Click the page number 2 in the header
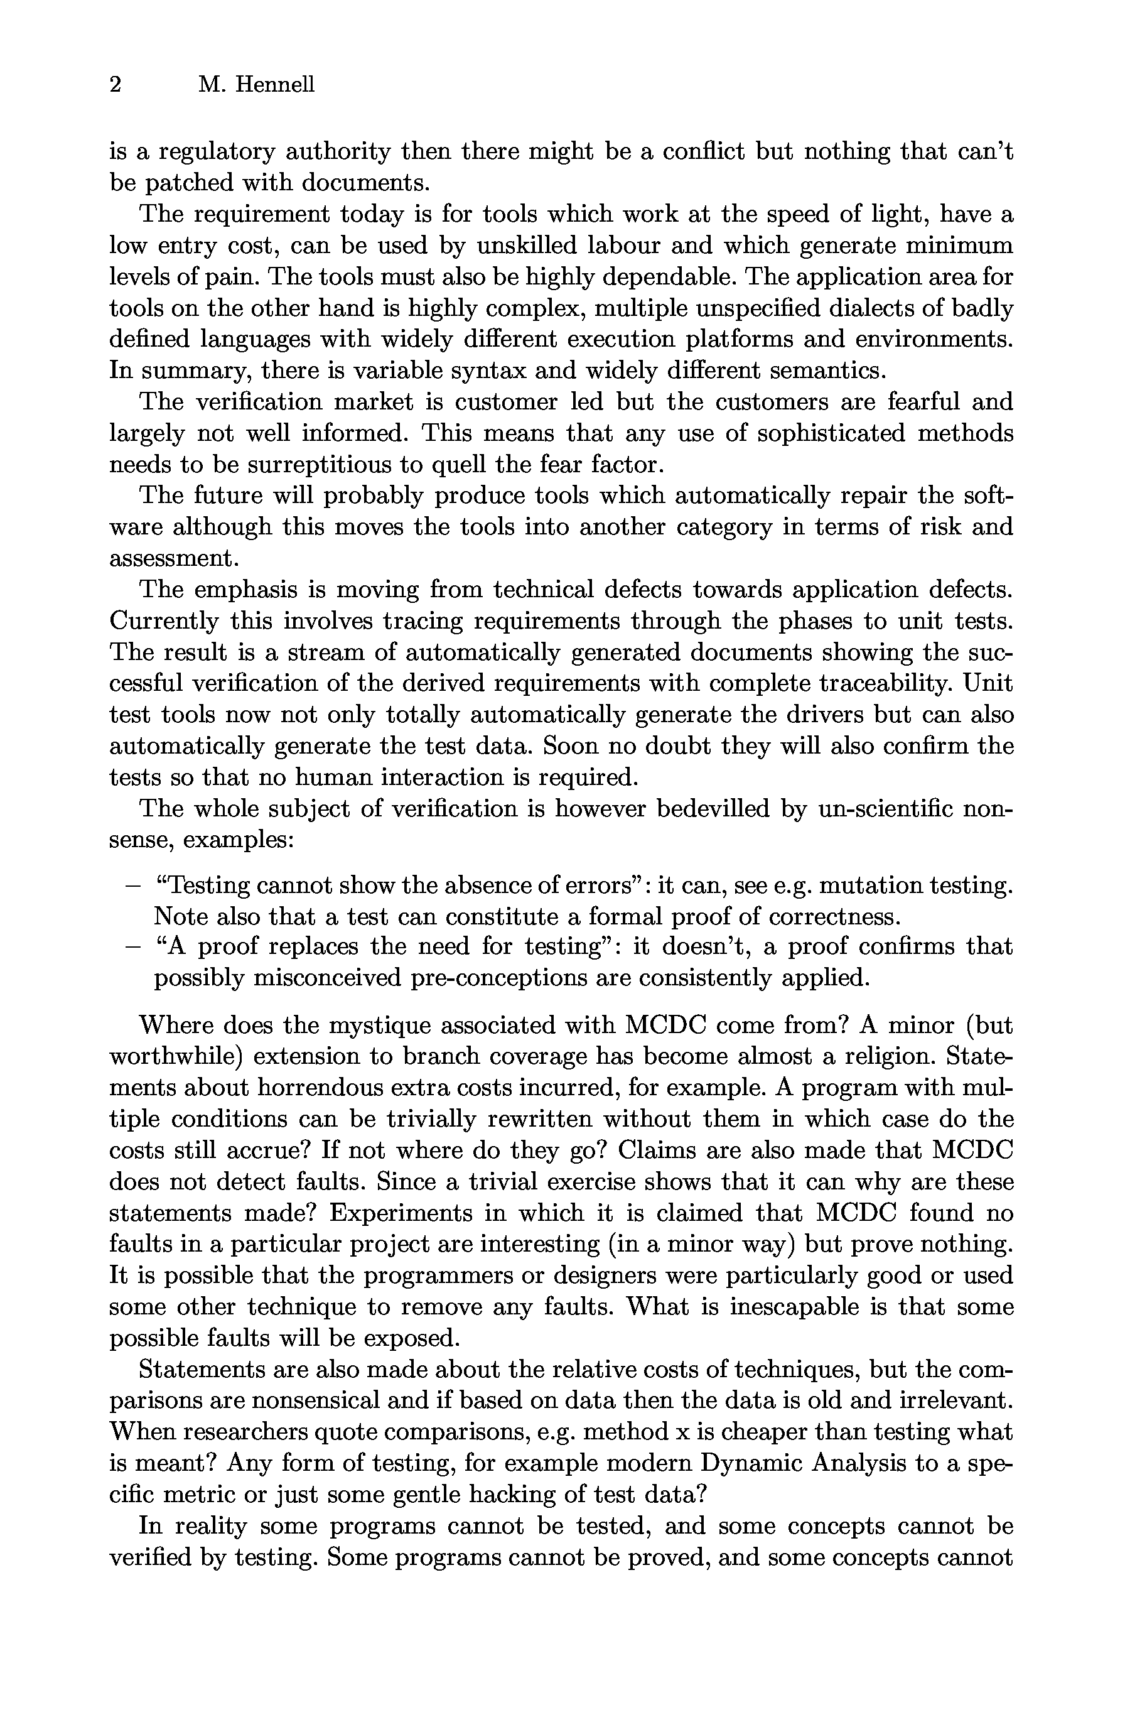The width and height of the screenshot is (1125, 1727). coord(115,85)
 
